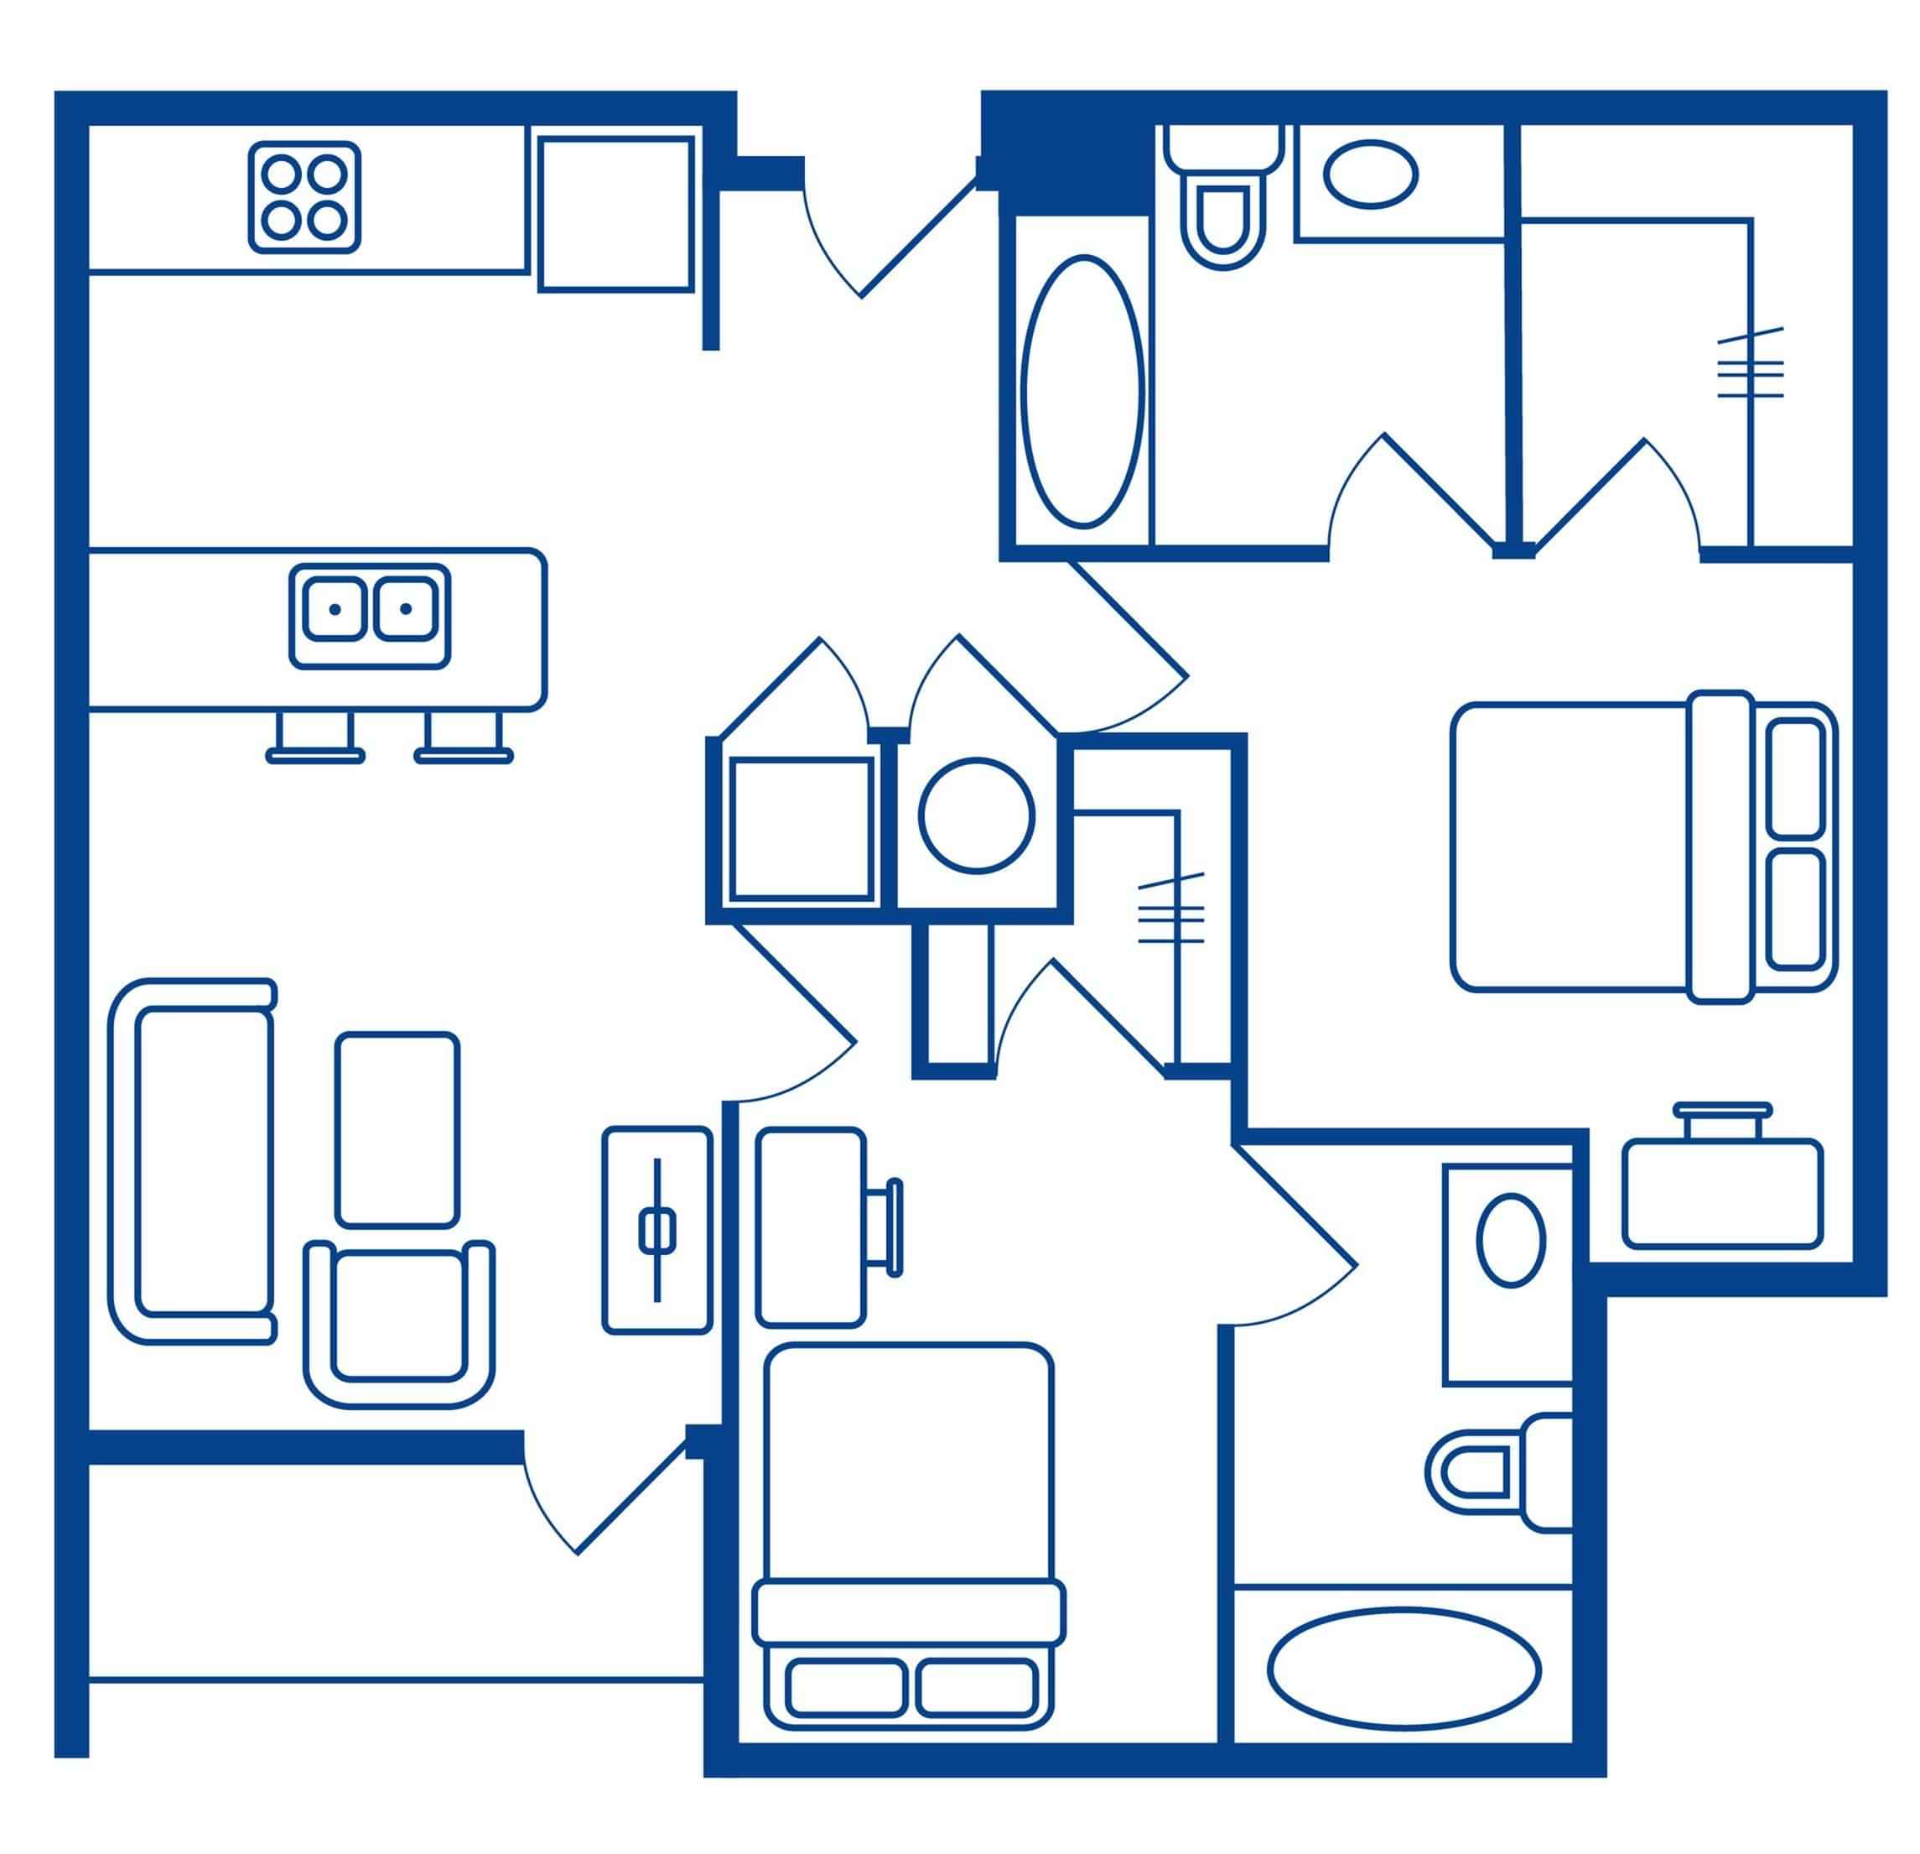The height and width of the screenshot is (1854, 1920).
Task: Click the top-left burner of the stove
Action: pyautogui.click(x=282, y=174)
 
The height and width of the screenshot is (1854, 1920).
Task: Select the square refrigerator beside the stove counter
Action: pyautogui.click(x=615, y=214)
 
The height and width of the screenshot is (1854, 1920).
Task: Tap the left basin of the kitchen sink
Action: pyautogui.click(x=334, y=608)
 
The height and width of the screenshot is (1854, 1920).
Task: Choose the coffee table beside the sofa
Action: pyautogui.click(x=397, y=1129)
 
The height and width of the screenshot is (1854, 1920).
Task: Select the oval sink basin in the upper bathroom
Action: pyautogui.click(x=1371, y=174)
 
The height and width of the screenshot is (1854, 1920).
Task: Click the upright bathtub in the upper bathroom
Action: pyautogui.click(x=1082, y=392)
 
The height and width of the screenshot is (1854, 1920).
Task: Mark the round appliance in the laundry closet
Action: pyautogui.click(x=976, y=815)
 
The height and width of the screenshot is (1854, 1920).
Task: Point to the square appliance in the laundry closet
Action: pyautogui.click(x=801, y=829)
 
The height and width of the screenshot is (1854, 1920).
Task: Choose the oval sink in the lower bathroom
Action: pyautogui.click(x=1509, y=1240)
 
